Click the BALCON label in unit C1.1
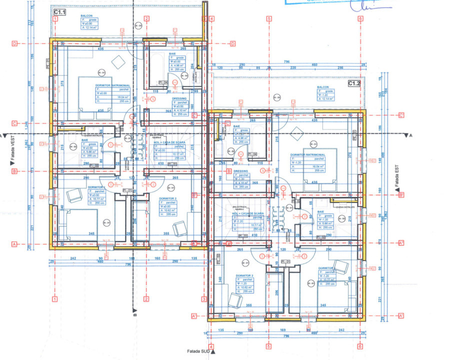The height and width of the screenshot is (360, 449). point(86,16)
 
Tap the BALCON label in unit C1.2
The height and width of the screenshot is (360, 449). point(322,87)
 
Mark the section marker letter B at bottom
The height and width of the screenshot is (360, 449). point(134,316)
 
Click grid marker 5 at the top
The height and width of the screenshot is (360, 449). point(269,19)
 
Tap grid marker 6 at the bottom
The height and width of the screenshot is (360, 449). point(360,346)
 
